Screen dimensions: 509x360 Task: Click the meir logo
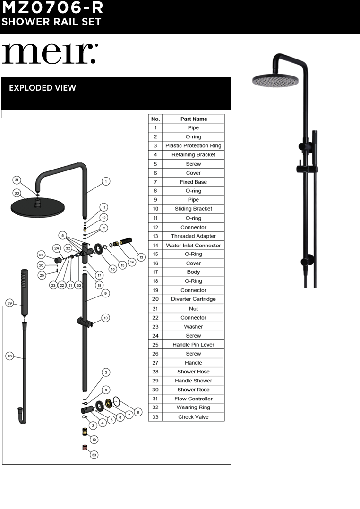[49, 54]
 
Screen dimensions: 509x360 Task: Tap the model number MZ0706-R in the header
[52, 8]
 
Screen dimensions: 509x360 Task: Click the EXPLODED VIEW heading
[43, 88]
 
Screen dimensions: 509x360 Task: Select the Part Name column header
[193, 119]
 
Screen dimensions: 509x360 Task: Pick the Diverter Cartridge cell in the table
[193, 299]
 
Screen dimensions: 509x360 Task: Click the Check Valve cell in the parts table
[193, 417]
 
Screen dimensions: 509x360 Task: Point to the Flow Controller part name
[193, 399]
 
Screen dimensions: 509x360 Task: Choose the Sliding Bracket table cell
[193, 209]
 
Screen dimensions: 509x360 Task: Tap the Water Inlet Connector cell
[193, 246]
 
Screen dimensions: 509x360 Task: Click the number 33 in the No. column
[155, 417]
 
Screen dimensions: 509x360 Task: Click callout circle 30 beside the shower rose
[17, 193]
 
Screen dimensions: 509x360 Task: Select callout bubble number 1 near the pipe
[106, 181]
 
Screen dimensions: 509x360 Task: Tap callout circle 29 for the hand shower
[10, 303]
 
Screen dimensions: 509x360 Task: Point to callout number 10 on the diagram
[106, 318]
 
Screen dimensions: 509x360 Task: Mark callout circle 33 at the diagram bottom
[94, 455]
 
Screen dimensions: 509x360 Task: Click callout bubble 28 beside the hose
[10, 356]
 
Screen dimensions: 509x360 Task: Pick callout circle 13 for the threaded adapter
[141, 244]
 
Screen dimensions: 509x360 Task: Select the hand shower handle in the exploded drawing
[24, 293]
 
